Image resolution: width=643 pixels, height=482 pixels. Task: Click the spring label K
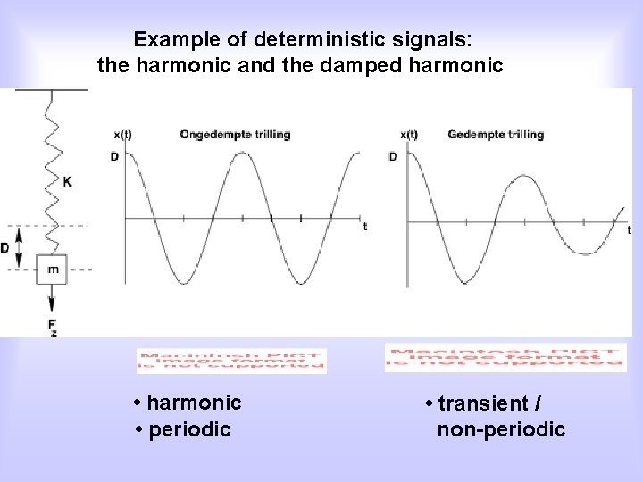[x=68, y=181]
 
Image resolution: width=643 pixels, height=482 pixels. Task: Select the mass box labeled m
[x=53, y=269]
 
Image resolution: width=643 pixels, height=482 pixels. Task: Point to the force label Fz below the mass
[x=53, y=327]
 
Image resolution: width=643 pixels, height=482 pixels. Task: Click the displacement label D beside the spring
[x=5, y=247]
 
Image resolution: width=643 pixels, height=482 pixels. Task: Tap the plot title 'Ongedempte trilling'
[x=234, y=135]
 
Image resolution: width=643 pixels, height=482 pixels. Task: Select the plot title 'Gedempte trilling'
[x=495, y=135]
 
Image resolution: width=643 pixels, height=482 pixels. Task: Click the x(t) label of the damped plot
[x=408, y=135]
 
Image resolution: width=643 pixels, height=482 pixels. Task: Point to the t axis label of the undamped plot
[x=364, y=228]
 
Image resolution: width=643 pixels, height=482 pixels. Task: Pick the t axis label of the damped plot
[x=628, y=229]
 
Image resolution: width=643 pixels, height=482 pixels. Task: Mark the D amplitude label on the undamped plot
[x=114, y=156]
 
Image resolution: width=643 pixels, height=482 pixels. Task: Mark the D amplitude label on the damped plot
[x=393, y=156]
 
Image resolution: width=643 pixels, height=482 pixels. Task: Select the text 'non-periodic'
[x=501, y=430]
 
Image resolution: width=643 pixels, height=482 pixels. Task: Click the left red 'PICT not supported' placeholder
[x=231, y=361]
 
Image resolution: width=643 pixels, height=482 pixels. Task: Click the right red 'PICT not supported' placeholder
[x=505, y=357]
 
